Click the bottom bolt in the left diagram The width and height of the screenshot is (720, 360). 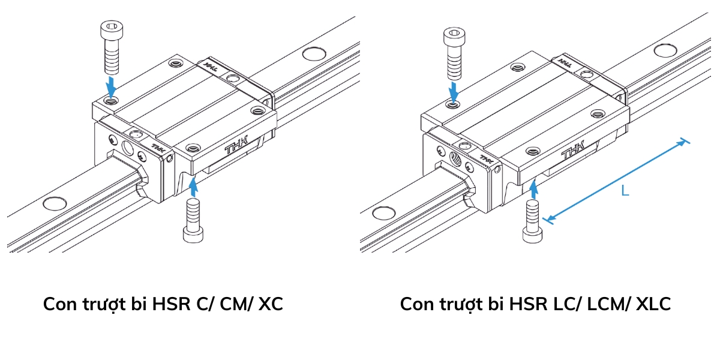pyautogui.click(x=193, y=220)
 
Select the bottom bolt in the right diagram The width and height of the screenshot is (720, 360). pyautogui.click(x=532, y=221)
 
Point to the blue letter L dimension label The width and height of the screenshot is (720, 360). pyautogui.click(x=625, y=191)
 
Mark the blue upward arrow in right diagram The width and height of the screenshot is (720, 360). pyautogui.click(x=533, y=188)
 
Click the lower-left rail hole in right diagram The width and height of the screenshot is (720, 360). pyautogui.click(x=382, y=212)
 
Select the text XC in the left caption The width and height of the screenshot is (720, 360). pyautogui.click(x=271, y=304)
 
